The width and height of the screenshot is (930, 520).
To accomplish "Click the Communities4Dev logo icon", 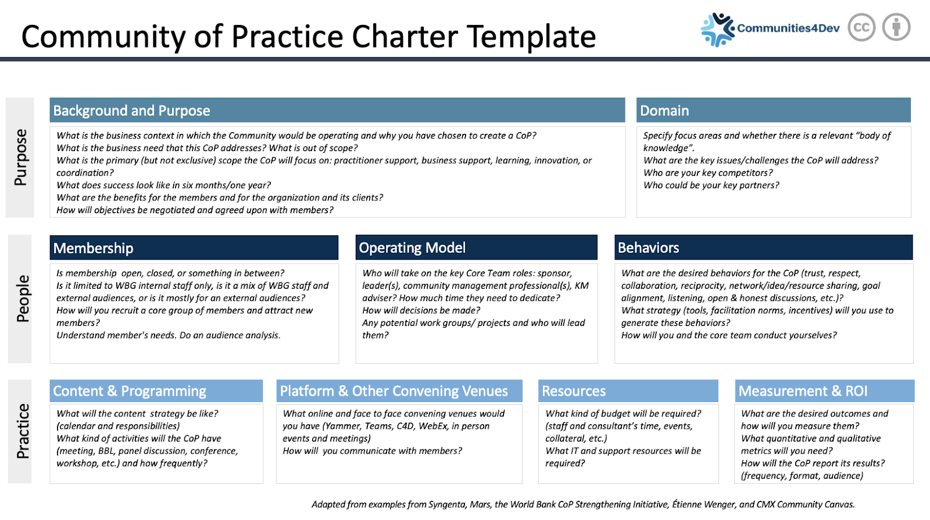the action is [717, 29].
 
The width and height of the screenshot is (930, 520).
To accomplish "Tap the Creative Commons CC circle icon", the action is [861, 27].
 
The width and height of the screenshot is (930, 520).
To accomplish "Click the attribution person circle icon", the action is [896, 27].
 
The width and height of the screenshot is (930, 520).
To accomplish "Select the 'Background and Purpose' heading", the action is [131, 111].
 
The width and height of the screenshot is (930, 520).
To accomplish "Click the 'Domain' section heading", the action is [664, 111].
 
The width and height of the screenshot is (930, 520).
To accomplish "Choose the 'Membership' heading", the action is [93, 248].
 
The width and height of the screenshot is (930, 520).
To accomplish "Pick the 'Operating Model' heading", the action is [412, 248].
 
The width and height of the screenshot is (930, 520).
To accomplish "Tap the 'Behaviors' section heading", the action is [648, 248].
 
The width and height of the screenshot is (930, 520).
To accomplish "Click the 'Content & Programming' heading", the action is [130, 391].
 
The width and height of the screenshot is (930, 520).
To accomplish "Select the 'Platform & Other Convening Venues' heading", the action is [394, 391].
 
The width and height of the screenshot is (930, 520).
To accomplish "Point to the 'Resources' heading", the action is [573, 391].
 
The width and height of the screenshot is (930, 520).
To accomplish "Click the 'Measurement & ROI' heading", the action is [803, 391].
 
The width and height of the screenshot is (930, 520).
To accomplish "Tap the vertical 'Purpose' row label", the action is [20, 157].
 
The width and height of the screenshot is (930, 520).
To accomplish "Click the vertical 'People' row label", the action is [23, 299].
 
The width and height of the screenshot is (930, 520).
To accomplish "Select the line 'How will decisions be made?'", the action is [421, 310].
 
